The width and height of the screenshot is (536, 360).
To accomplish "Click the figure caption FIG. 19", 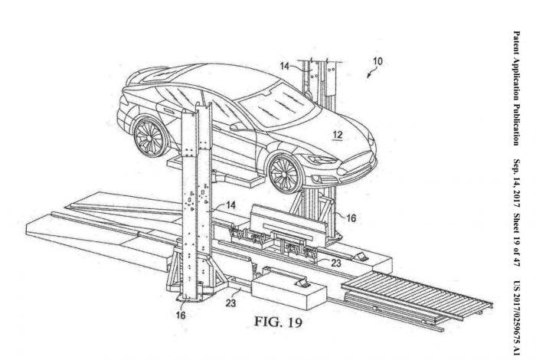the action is (278, 322).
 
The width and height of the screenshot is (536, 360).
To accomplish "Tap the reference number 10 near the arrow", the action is (377, 61).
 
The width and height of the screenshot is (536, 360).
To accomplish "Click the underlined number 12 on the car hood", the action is (338, 135).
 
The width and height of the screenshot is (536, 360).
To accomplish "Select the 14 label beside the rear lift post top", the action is (285, 66).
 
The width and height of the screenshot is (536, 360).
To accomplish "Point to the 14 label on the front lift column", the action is (231, 205).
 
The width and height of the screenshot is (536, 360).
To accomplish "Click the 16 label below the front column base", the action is (181, 315).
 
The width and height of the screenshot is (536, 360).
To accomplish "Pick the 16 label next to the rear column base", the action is (351, 218).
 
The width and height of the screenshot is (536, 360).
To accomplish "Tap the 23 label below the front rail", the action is (230, 303).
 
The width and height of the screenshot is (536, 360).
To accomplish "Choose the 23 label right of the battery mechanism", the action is (336, 263).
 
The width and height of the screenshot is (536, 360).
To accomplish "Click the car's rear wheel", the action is (149, 138).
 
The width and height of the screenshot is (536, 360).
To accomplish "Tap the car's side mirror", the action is (237, 127).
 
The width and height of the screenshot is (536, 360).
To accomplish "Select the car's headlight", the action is (322, 159).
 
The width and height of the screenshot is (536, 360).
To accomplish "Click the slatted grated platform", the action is (417, 296).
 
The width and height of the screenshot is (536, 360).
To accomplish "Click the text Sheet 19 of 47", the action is (516, 240).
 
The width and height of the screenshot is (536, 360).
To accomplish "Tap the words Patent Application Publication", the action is (516, 88).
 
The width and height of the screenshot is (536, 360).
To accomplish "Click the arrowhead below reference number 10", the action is (368, 76).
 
